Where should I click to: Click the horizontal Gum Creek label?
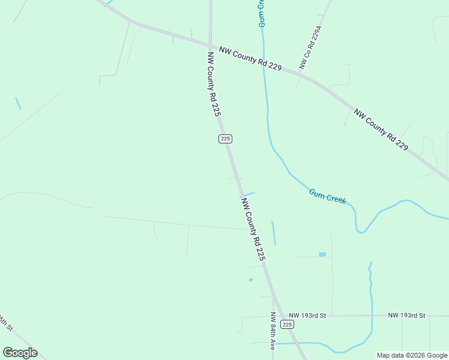tap(327, 196)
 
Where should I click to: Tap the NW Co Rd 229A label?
tap(311, 47)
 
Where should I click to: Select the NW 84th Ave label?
tap(272, 331)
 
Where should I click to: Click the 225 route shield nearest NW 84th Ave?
tap(288, 324)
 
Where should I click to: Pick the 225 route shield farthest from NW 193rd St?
tap(224, 139)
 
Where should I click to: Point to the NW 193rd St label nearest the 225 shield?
tap(307, 315)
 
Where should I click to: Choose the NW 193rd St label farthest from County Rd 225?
tap(406, 315)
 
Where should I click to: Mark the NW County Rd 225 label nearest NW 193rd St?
tap(253, 229)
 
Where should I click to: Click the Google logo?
tap(20, 353)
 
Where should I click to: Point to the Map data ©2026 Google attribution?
tap(412, 355)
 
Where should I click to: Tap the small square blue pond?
tap(322, 254)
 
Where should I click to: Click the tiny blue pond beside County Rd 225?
tap(250, 280)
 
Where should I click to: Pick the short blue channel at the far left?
tap(18, 103)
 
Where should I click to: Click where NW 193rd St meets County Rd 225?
tap(277, 316)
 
